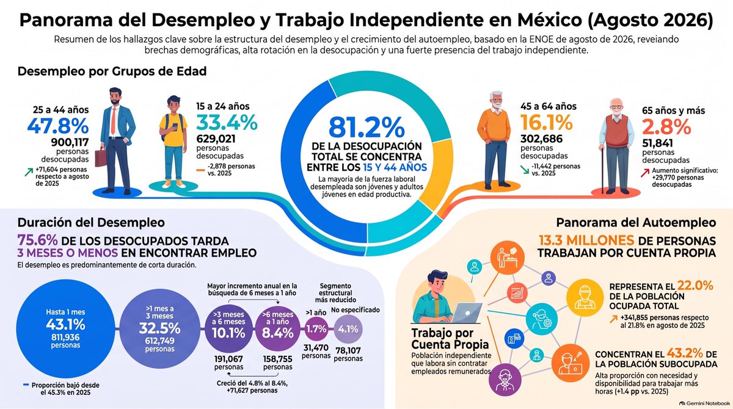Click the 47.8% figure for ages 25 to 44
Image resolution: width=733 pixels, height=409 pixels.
tap(58, 126)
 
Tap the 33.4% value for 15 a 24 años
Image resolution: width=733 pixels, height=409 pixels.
tap(227, 123)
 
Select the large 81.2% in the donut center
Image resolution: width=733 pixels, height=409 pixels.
tap(366, 128)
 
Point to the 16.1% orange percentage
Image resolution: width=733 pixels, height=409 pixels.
tap(547, 123)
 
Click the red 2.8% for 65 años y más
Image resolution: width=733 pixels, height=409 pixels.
tap(666, 127)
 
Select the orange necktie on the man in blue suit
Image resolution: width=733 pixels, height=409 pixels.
tap(113, 120)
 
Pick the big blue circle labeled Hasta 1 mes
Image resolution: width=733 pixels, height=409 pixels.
tap(65, 328)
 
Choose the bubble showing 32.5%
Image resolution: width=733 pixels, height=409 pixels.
tap(159, 329)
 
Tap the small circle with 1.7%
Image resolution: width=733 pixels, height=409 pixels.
tap(316, 329)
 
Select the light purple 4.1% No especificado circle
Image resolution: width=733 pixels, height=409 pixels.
tap(348, 329)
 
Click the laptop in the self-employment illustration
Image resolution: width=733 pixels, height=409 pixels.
tap(465, 313)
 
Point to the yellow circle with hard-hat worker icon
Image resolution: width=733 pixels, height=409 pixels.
tap(585, 297)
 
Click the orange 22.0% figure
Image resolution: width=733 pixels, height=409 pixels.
tap(695, 286)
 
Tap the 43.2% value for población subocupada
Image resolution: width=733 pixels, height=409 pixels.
tap(685, 353)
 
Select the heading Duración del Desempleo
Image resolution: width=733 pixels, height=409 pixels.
tap(91, 223)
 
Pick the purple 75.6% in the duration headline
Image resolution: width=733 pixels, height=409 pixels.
tap(37, 241)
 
